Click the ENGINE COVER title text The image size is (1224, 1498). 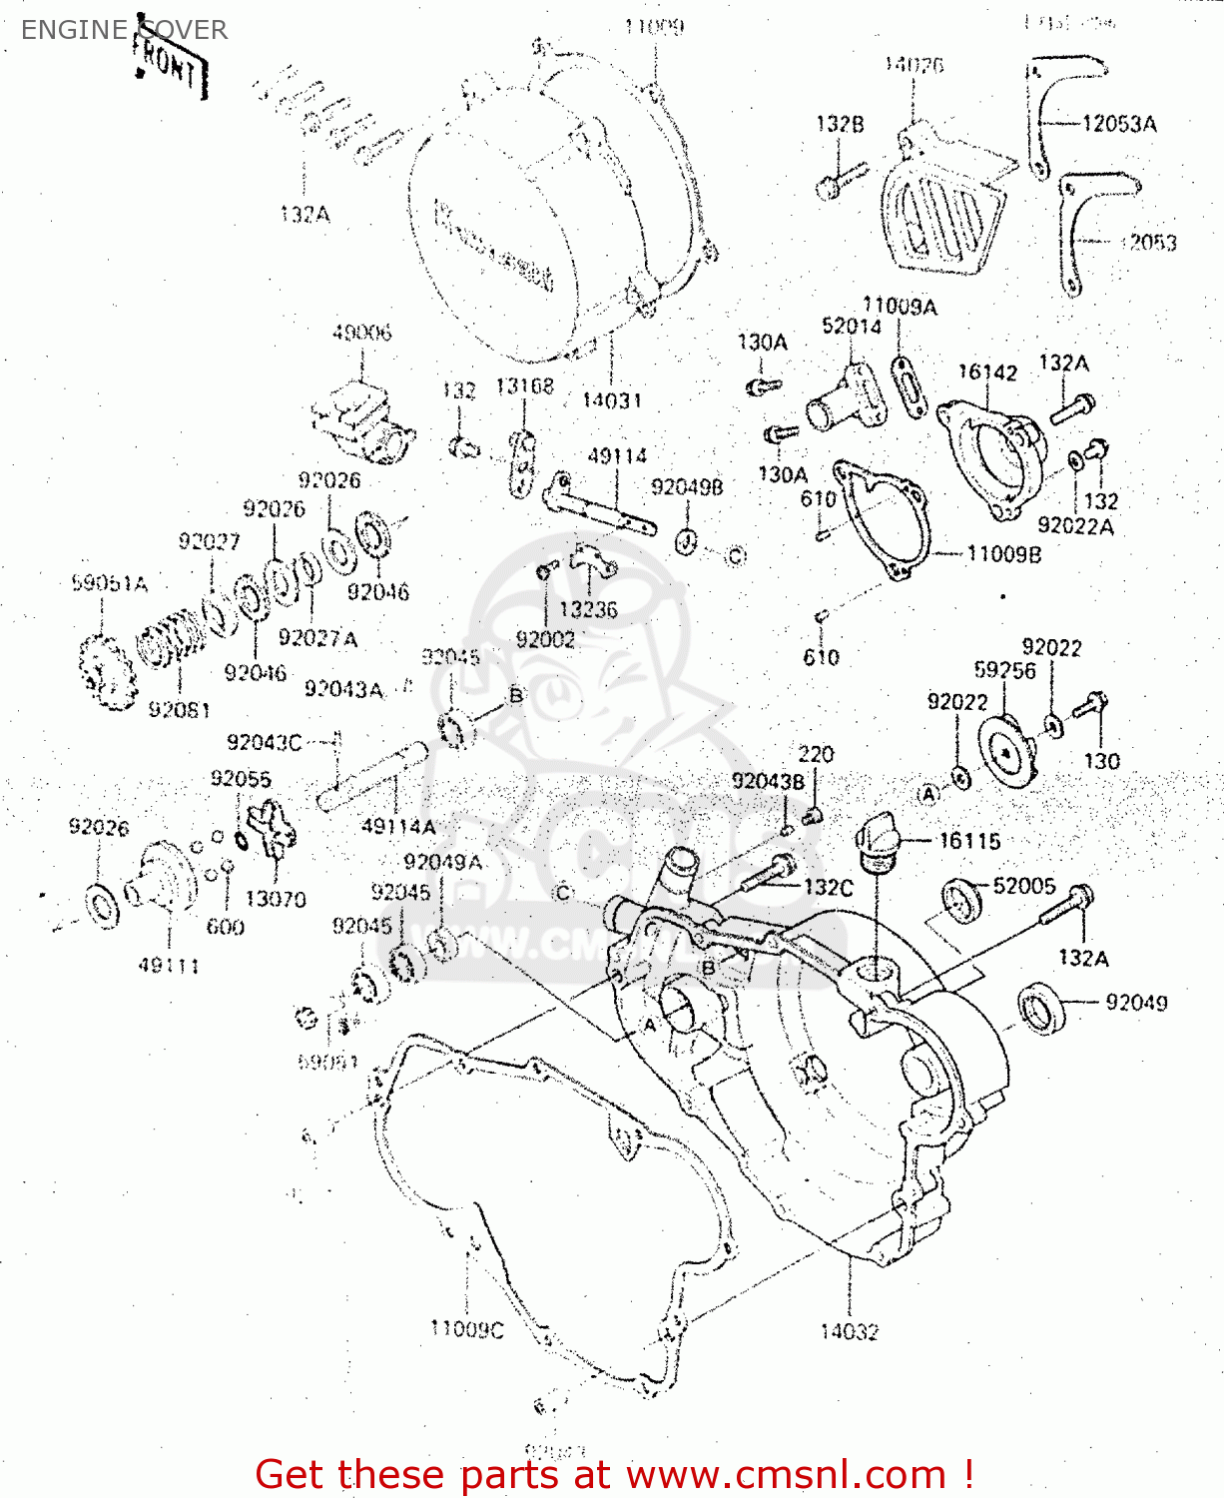[124, 30]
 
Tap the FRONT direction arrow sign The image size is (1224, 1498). [171, 67]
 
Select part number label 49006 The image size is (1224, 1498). [361, 333]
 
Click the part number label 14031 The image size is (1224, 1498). [611, 400]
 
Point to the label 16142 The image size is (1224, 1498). [987, 373]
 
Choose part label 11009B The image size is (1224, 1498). [1003, 554]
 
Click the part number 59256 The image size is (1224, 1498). [1004, 670]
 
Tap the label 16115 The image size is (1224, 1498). [968, 841]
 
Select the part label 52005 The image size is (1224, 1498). [1023, 886]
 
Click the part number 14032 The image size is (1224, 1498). [849, 1331]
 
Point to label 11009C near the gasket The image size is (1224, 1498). [466, 1329]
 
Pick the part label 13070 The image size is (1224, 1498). [276, 899]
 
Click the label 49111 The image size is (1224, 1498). [169, 966]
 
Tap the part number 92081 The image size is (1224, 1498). [179, 710]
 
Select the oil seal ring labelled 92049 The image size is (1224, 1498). [1041, 1007]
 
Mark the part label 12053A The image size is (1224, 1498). [1119, 124]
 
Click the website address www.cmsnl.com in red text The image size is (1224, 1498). [785, 1474]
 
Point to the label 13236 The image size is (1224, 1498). [588, 609]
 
